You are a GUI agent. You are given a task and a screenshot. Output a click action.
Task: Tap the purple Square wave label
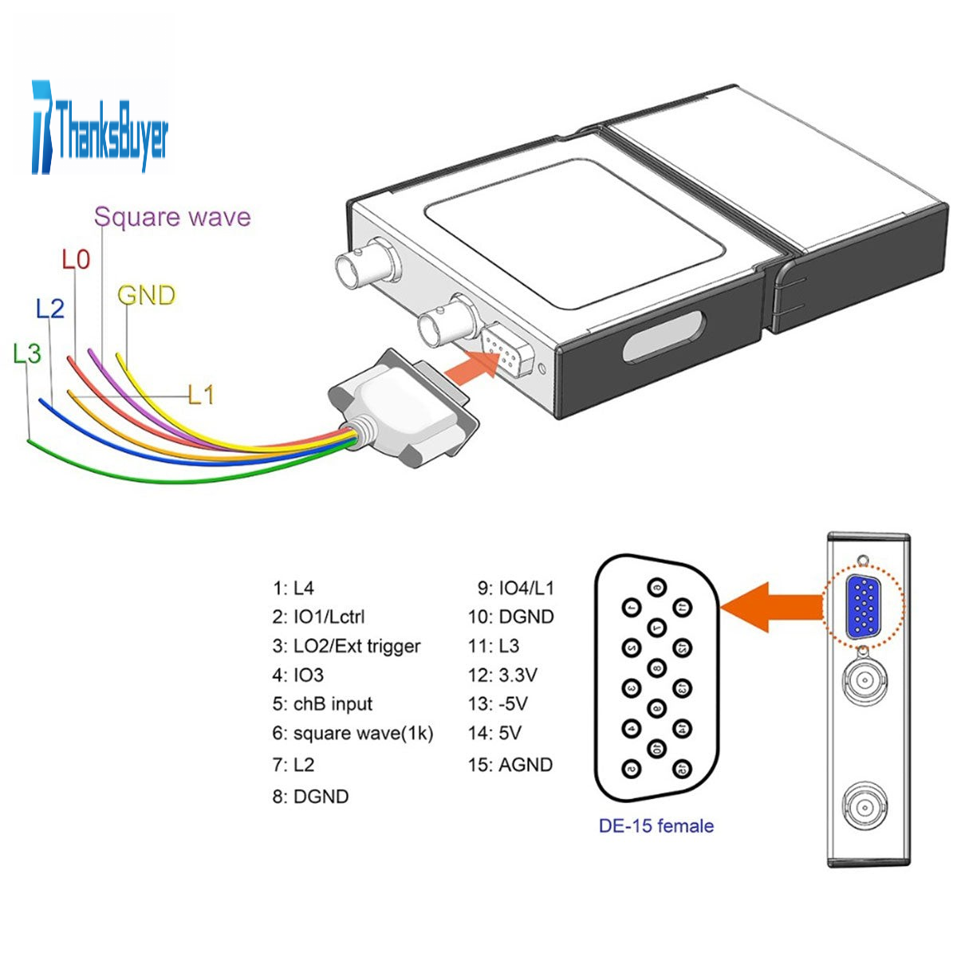[172, 217]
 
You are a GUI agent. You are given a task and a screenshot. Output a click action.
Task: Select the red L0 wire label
[77, 259]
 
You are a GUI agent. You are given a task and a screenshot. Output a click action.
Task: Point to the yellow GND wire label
[146, 296]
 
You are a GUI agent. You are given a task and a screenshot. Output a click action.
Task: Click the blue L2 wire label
[50, 308]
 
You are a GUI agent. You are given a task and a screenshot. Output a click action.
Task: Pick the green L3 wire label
[27, 353]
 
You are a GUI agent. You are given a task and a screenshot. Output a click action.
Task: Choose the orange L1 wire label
[201, 395]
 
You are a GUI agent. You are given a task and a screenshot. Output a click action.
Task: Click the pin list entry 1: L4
[293, 589]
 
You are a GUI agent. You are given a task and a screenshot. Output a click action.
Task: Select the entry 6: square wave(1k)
[352, 733]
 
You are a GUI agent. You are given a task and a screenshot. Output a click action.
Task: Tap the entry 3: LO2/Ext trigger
[346, 646]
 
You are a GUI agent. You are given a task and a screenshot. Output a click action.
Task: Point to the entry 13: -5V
[498, 704]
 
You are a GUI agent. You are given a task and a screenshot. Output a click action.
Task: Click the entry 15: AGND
[510, 765]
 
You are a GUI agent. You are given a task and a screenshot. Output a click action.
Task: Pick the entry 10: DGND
[511, 616]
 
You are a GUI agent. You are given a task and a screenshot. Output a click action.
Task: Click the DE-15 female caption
[656, 826]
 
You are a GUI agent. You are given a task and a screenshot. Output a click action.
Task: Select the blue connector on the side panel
[864, 606]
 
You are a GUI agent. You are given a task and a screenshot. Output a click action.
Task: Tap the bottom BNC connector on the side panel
[864, 807]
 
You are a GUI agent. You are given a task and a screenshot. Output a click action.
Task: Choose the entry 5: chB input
[322, 704]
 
